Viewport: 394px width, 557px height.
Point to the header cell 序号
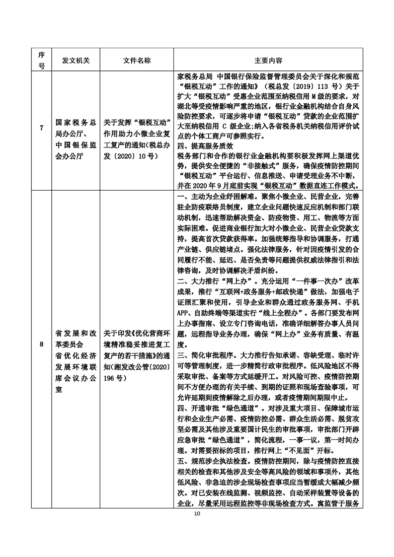coord(41,60)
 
